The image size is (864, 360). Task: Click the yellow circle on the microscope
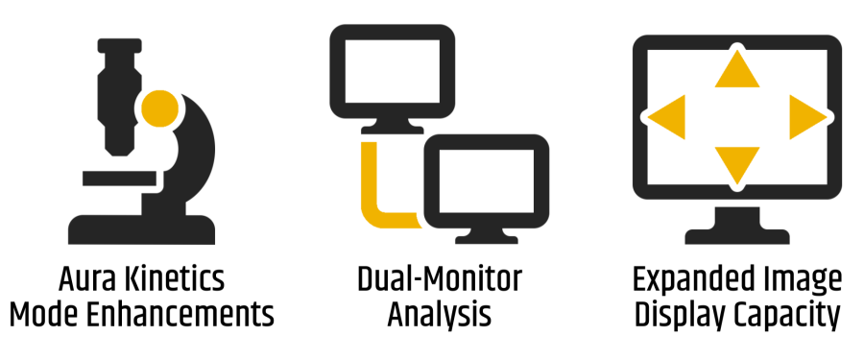(159, 108)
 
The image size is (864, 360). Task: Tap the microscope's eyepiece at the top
(120, 45)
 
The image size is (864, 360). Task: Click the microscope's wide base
(141, 229)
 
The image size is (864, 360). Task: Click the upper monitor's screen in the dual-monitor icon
(393, 71)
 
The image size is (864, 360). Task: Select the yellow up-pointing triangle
(737, 72)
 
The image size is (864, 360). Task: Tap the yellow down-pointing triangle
(737, 162)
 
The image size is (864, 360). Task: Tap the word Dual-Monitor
(439, 280)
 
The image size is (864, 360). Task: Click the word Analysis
(439, 315)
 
